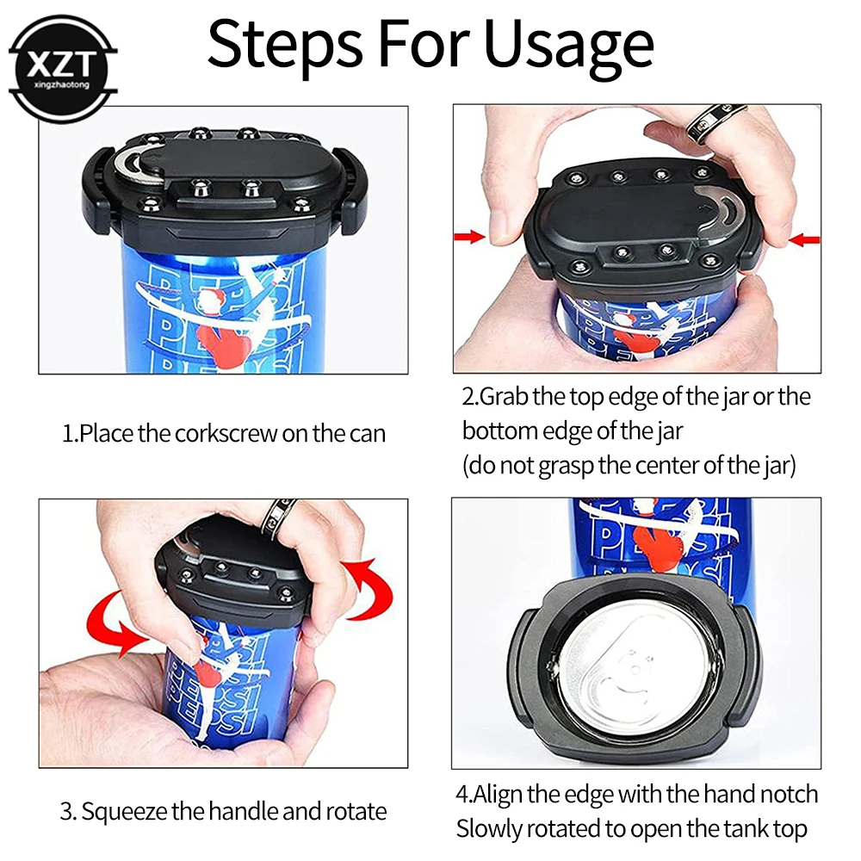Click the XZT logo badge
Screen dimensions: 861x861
63,69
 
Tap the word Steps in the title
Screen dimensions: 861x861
285,45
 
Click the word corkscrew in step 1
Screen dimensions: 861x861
226,434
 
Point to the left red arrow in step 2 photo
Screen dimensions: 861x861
469,237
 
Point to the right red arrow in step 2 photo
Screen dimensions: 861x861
804,239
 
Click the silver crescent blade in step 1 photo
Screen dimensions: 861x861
132,163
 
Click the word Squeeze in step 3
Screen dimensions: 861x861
125,812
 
